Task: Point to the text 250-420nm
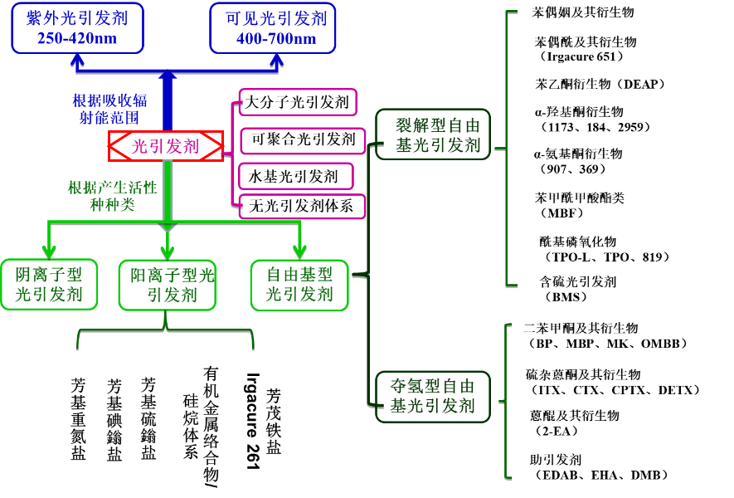coord(77,39)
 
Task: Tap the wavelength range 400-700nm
coord(276,39)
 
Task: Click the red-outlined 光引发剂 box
coord(166,146)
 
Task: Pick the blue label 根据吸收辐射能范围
coord(109,109)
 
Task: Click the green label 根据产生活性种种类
coord(112,196)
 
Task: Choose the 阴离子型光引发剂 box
coord(49,284)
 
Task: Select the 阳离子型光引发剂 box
coord(168,285)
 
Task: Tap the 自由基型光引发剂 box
coord(299,285)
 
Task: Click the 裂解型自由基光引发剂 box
coord(433,134)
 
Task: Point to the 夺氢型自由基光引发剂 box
coord(433,396)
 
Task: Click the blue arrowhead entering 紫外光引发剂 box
coord(77,60)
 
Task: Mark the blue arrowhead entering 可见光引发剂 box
coord(276,60)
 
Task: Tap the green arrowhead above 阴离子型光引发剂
coord(49,251)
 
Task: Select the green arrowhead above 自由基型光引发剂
coord(299,251)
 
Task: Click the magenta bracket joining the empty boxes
coord(233,154)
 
